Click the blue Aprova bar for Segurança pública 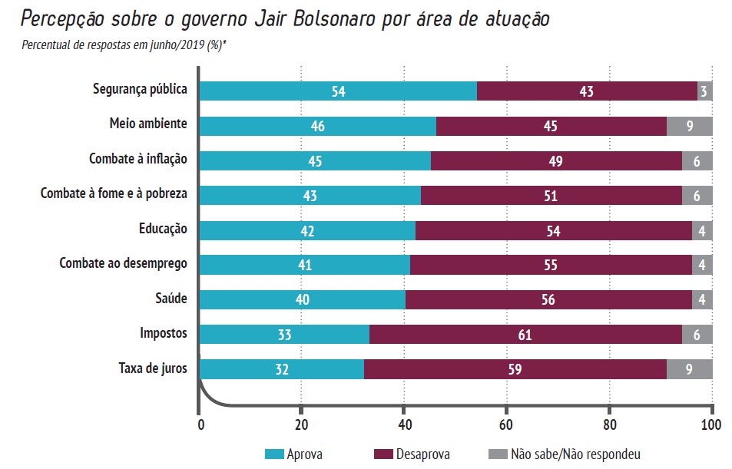click(x=338, y=91)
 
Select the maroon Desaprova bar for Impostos click(x=525, y=335)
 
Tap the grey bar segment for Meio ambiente click(x=689, y=126)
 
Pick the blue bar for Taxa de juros click(x=281, y=369)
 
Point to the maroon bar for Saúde click(x=548, y=299)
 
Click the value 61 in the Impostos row click(x=525, y=335)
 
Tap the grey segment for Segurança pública click(x=704, y=91)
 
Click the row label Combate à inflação click(x=138, y=160)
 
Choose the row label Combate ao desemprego click(x=123, y=264)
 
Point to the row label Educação click(x=163, y=229)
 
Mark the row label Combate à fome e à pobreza click(x=114, y=194)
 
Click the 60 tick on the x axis click(x=506, y=424)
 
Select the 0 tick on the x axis click(x=200, y=424)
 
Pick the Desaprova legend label click(x=424, y=454)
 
